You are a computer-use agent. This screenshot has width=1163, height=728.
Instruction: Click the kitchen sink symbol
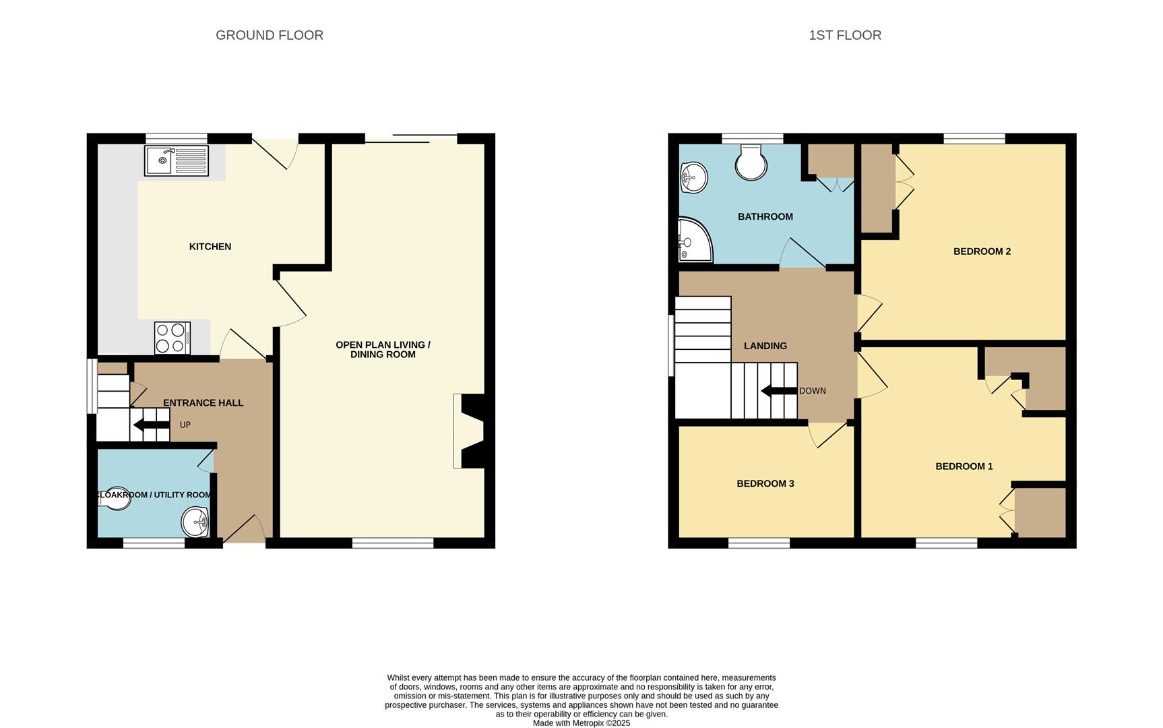[176, 160]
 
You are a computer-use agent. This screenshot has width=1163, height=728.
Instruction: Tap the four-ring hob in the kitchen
[172, 338]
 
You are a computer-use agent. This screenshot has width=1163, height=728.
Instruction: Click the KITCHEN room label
[210, 247]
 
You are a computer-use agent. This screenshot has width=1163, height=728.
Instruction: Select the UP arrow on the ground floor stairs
[152, 425]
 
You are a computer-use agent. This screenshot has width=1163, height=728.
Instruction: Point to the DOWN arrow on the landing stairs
[779, 391]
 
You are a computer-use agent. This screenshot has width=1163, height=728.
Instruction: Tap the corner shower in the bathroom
[693, 240]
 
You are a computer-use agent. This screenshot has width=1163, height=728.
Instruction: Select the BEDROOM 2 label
[982, 251]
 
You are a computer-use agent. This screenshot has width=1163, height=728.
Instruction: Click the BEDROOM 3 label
[765, 483]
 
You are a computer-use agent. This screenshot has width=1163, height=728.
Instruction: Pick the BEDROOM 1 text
[964, 466]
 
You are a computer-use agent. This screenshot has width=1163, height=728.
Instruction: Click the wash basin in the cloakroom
[196, 522]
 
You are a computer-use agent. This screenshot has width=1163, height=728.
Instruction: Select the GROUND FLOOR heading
[269, 35]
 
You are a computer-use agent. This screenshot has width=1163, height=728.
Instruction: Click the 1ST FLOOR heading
[845, 35]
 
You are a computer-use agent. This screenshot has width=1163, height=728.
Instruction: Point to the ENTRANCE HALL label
[203, 403]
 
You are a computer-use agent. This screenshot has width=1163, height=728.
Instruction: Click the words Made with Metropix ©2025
[581, 723]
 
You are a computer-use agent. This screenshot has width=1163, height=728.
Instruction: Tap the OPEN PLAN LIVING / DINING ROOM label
[383, 349]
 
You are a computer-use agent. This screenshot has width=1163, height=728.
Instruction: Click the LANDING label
[765, 346]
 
